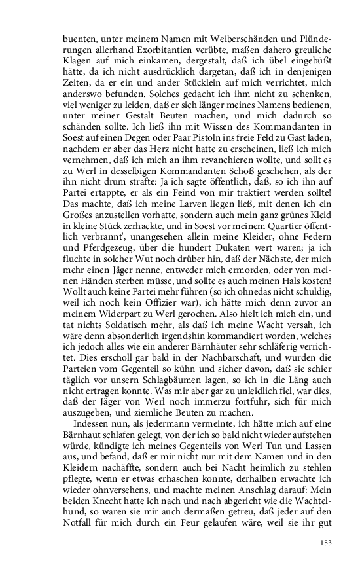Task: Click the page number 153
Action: point(327,542)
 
